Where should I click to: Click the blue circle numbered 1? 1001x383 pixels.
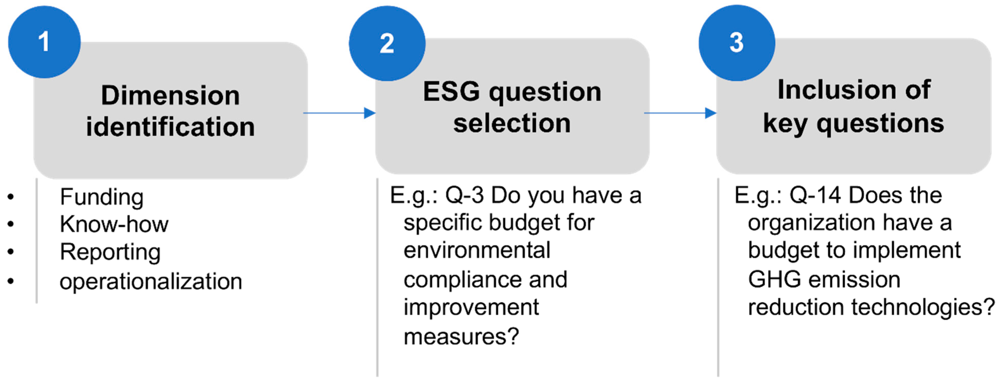pos(44,42)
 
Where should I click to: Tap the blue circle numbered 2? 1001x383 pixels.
pos(387,43)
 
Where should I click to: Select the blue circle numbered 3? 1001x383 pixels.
pos(736,43)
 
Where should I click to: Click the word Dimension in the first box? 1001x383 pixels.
pos(170,95)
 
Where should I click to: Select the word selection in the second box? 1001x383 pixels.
pos(512,123)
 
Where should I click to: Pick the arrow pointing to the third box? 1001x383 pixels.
pos(680,113)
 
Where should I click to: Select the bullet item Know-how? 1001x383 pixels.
pos(114,224)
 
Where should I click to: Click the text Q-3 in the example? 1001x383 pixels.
pos(464,195)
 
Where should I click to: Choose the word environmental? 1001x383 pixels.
pos(477,250)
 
